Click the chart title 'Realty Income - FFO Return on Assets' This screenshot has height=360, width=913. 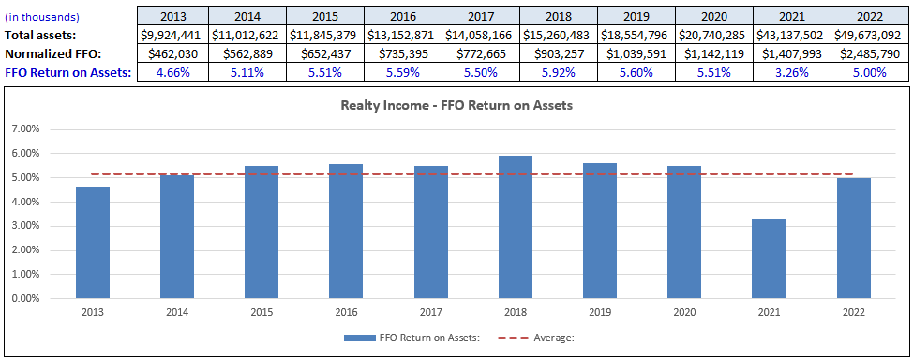click(456, 106)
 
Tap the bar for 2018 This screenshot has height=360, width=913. click(514, 227)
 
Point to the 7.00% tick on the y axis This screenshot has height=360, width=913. click(25, 128)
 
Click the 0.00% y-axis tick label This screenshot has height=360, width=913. click(25, 299)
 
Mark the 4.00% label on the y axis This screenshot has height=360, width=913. click(25, 202)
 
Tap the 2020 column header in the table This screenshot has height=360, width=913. click(711, 17)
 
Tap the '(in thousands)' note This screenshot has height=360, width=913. click(42, 17)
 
